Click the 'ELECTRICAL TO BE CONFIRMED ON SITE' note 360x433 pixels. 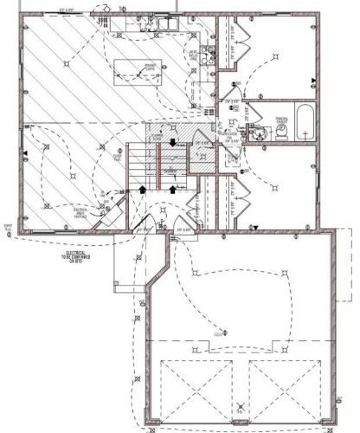pyautogui.click(x=74, y=255)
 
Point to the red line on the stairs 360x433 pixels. pyautogui.click(x=159, y=162)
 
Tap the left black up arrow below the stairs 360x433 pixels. pyautogui.click(x=143, y=187)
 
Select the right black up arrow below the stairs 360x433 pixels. pyautogui.click(x=173, y=187)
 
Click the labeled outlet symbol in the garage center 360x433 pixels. pyautogui.click(x=223, y=332)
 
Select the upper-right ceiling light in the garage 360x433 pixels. pyautogui.click(x=286, y=270)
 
